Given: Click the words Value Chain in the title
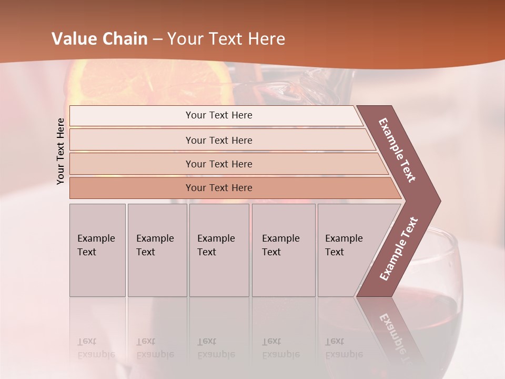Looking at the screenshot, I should [x=99, y=39].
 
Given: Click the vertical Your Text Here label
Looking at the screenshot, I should [x=60, y=151].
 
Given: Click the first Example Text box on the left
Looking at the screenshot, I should [x=97, y=250].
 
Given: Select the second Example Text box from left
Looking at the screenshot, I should [x=157, y=250].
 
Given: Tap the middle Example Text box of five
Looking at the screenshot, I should [x=219, y=250].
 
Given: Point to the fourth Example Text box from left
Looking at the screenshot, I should [x=283, y=250].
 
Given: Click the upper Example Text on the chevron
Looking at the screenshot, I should [x=397, y=150].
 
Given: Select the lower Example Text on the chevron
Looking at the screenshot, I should [x=399, y=248].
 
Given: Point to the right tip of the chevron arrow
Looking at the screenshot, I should [x=439, y=201].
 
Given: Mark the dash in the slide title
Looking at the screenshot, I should [x=157, y=39].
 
